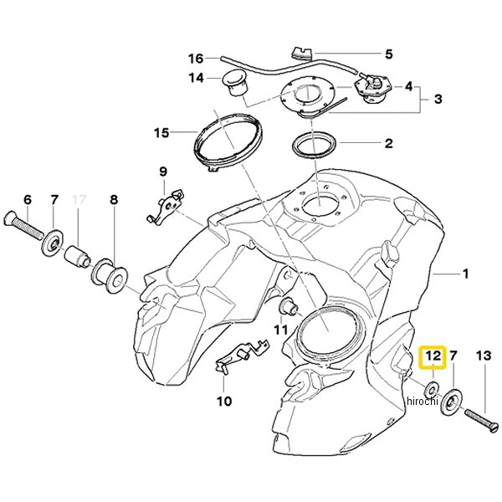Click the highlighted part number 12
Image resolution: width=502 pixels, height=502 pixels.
click(433, 357)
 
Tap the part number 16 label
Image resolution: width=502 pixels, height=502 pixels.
click(196, 59)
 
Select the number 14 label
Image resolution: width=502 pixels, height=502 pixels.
click(196, 79)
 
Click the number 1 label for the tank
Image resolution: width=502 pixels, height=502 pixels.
click(466, 273)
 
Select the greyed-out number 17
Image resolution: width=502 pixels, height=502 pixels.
click(80, 201)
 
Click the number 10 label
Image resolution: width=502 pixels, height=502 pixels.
click(223, 401)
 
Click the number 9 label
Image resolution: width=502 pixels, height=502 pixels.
click(164, 172)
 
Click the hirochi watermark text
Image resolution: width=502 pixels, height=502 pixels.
click(422, 402)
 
